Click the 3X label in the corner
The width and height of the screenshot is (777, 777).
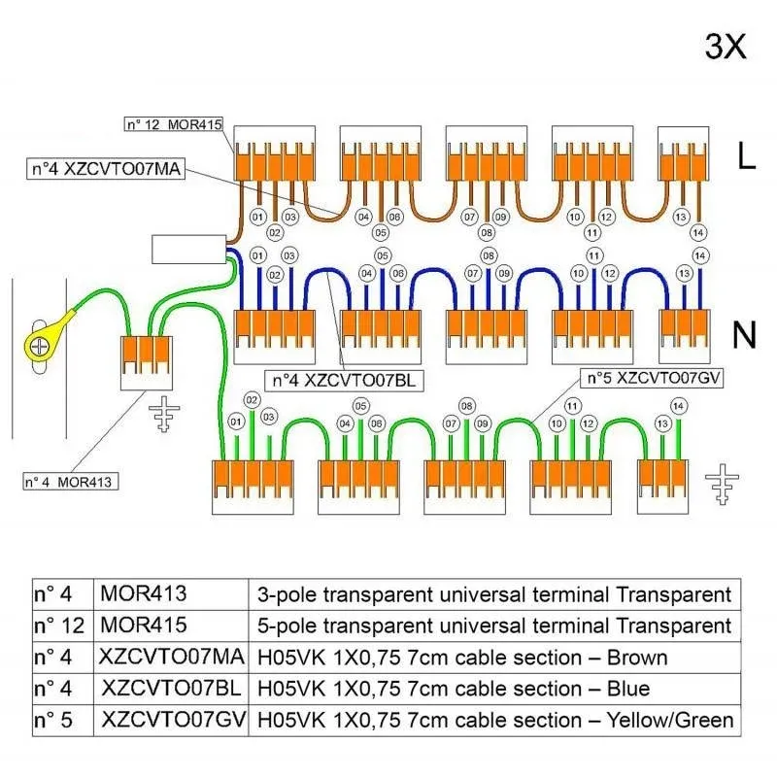coord(725,47)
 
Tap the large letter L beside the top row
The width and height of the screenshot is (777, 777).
coord(747,155)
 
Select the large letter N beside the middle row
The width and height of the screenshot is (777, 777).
coord(744,335)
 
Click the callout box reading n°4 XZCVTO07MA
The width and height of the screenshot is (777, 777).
coord(106,169)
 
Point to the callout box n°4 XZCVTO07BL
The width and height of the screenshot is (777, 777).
coord(344,381)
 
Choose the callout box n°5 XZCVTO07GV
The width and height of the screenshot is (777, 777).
coord(652,378)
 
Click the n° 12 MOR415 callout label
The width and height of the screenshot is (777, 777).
coord(174,124)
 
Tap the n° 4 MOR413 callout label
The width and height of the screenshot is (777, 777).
coord(71,482)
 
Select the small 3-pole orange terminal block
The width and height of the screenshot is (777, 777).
coord(147,362)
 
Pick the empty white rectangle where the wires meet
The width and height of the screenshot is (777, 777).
coord(188,250)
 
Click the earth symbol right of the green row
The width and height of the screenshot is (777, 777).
coord(722,484)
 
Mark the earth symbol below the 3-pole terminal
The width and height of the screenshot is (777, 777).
coord(164,414)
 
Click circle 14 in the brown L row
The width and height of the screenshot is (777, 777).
coord(698,232)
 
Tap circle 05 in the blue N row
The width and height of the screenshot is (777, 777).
coord(382,255)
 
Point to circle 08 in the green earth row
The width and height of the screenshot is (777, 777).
coord(467,406)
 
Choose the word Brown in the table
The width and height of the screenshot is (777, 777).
coord(637,658)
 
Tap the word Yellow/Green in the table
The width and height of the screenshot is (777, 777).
coord(670,720)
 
